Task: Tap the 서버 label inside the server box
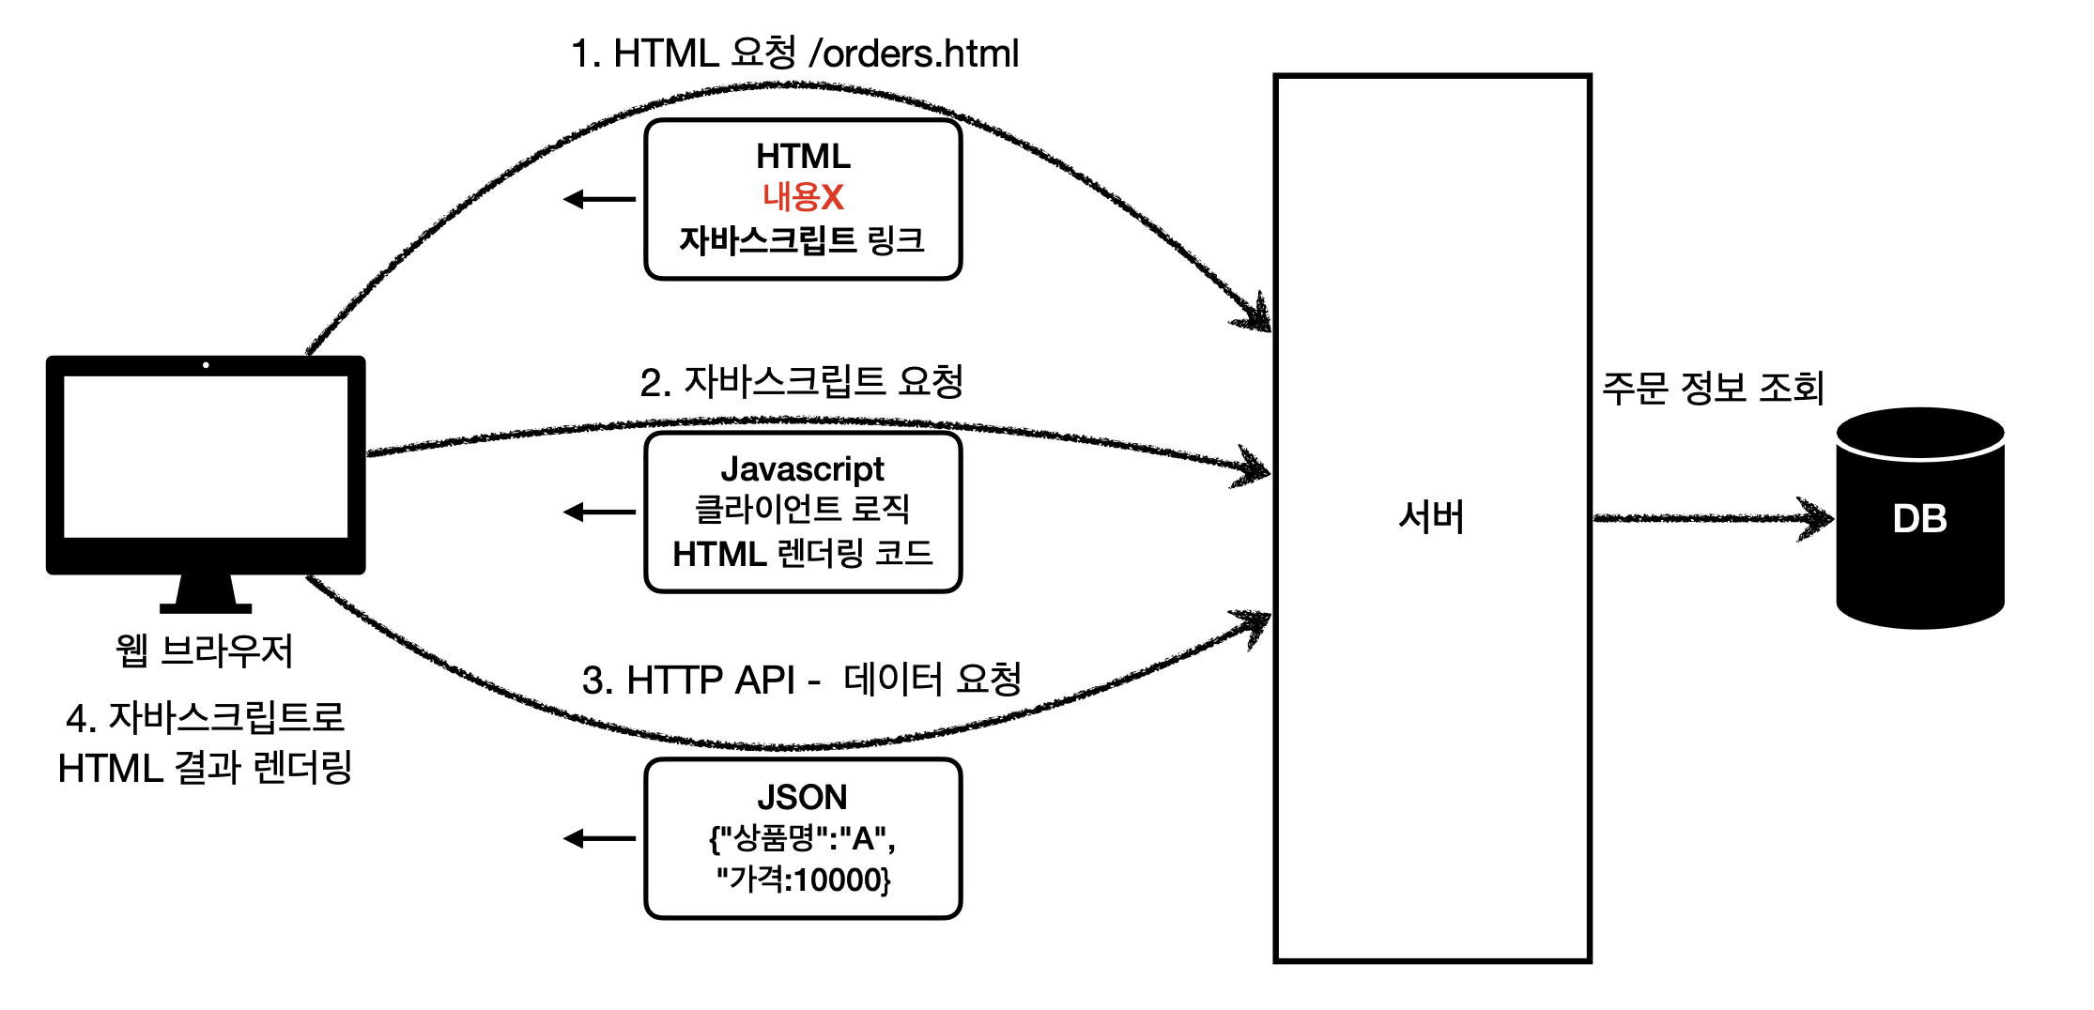coord(1431,517)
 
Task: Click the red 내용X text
coord(803,197)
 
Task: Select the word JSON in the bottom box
coord(802,797)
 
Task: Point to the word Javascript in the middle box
coord(802,468)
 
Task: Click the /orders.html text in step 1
coord(914,54)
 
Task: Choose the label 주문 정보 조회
coord(1713,387)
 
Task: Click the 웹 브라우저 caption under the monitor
coord(205,650)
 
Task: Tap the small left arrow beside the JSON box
coord(599,838)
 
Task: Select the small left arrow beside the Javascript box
coord(599,512)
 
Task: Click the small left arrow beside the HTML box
coord(599,199)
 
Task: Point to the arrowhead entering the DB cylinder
coord(1816,518)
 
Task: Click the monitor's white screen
coord(206,457)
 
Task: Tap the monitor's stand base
coord(206,608)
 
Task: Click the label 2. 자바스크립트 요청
coord(801,381)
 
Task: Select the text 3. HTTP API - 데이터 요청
coord(801,679)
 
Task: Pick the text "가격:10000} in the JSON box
coord(803,880)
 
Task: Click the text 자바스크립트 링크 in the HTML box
coord(802,240)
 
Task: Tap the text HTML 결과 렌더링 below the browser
coord(205,768)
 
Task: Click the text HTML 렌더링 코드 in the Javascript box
coord(803,554)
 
